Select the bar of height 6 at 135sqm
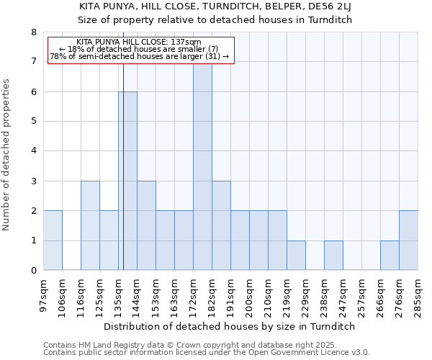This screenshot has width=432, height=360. click(x=127, y=181)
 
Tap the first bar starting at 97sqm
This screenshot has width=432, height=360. click(x=53, y=240)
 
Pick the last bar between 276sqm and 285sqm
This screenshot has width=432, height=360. click(x=408, y=240)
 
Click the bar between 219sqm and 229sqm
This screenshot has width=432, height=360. click(x=296, y=256)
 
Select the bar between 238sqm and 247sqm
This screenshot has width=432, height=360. click(x=333, y=256)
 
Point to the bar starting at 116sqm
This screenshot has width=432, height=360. click(x=90, y=226)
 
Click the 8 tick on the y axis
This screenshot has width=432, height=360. click(x=33, y=32)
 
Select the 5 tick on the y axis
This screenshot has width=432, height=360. click(x=33, y=122)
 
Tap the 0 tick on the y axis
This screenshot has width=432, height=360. click(x=33, y=271)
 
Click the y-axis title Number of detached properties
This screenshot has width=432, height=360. click(x=7, y=155)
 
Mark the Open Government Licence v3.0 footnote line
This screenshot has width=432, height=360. click(x=207, y=353)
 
